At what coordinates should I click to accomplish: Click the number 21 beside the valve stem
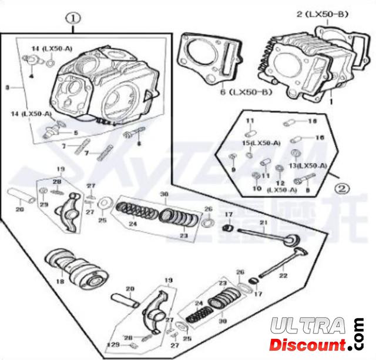click(x=264, y=222)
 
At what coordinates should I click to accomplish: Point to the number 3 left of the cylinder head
click(x=7, y=87)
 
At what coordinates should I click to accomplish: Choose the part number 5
click(x=75, y=133)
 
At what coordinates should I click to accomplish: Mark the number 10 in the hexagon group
click(x=256, y=189)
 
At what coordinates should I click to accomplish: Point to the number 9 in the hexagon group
click(x=233, y=169)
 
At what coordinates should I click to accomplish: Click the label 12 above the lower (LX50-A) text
click(x=280, y=183)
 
